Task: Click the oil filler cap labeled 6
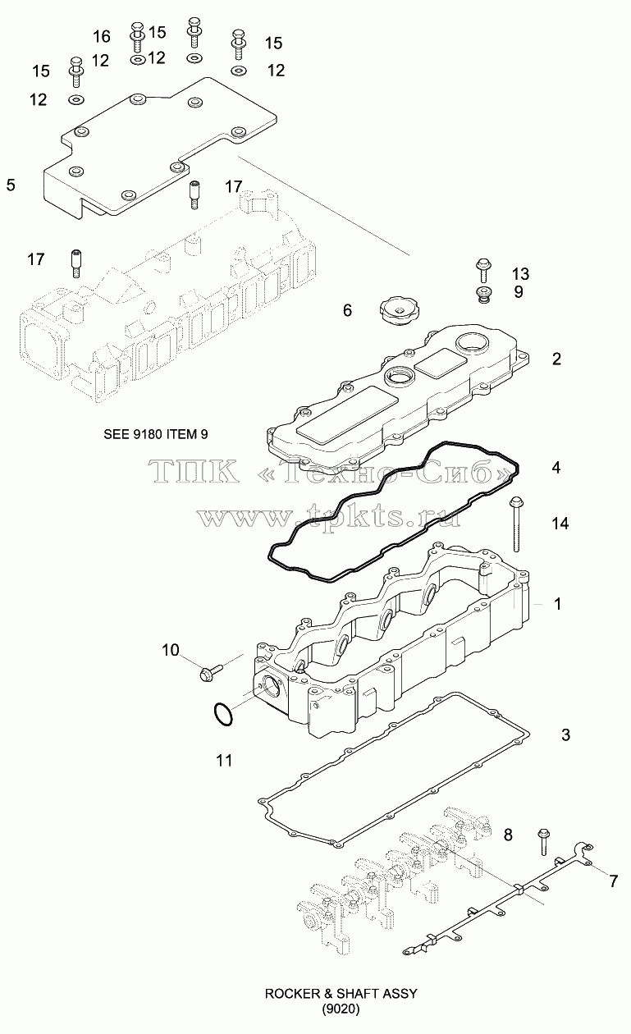tap(399, 310)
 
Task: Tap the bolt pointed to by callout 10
tap(211, 671)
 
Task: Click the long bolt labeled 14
tap(516, 524)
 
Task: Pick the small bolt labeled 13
tap(483, 270)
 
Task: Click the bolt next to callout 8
tap(543, 841)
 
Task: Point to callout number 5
tap(11, 185)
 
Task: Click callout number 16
tap(102, 36)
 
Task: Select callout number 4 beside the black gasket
tap(556, 468)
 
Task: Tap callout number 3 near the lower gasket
tap(566, 734)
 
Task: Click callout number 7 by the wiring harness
tap(613, 881)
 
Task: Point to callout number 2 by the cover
tap(556, 359)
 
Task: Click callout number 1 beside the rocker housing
tap(558, 604)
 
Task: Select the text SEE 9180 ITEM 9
tap(156, 434)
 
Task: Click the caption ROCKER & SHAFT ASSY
tap(341, 993)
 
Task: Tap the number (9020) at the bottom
tap(341, 1009)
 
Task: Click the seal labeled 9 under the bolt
tap(483, 295)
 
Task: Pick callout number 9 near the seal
tap(519, 292)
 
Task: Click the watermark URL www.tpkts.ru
tap(330, 516)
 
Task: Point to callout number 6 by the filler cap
tap(347, 310)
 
